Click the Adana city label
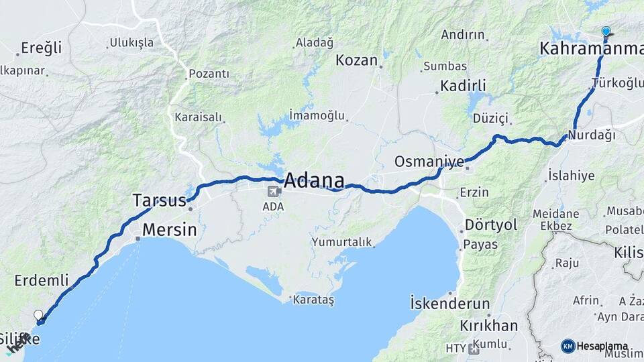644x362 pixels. (x=314, y=180)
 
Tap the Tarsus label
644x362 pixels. (x=159, y=200)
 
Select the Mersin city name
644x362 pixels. (x=169, y=230)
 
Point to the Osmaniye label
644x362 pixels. (x=429, y=162)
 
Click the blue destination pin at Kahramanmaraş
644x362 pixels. (x=606, y=32)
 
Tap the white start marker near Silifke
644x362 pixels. (x=38, y=314)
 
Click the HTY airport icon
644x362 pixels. (x=474, y=349)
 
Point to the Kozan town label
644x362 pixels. (x=357, y=60)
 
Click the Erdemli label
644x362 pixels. (x=42, y=280)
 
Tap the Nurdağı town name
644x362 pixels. (x=591, y=135)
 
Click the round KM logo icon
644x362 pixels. (x=568, y=346)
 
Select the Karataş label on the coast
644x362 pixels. (x=314, y=300)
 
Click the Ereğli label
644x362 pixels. (x=41, y=48)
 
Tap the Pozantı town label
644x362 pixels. (x=209, y=74)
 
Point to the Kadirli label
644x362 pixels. (x=462, y=86)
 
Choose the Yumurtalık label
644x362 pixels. (x=341, y=241)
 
